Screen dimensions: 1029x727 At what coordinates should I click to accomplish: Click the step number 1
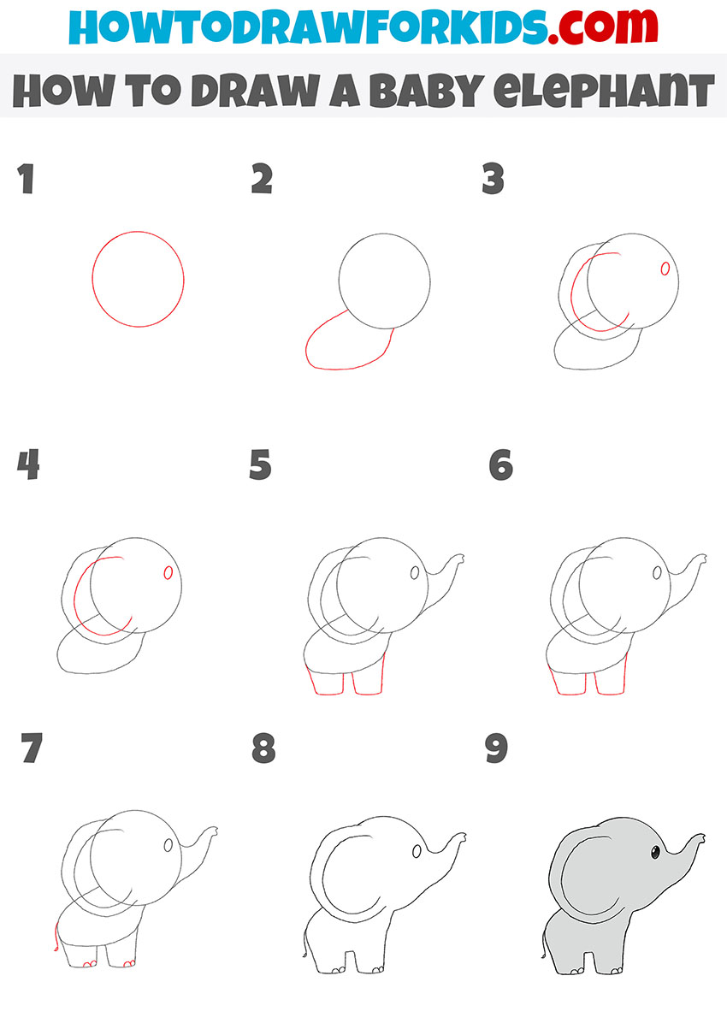[26, 180]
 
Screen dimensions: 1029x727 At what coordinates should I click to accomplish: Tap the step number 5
[261, 466]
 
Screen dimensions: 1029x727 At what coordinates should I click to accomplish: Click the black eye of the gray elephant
[655, 851]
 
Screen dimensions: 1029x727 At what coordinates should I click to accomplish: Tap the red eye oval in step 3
[665, 269]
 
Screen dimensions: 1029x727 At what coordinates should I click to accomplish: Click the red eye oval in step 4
[168, 572]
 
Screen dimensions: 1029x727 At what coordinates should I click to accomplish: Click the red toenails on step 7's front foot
[129, 965]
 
